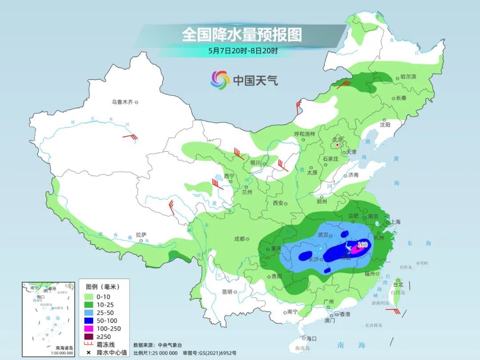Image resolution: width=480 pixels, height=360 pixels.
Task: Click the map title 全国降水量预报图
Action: (242, 34)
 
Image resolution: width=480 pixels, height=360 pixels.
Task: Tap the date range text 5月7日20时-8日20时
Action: (243, 51)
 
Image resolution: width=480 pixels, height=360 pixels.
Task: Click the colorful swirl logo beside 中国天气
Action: (220, 80)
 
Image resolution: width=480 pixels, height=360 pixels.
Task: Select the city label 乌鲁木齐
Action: (122, 102)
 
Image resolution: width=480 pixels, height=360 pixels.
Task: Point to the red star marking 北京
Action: (338, 145)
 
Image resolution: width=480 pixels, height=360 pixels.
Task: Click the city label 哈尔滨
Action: (408, 77)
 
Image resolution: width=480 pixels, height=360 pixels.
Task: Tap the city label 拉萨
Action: (141, 235)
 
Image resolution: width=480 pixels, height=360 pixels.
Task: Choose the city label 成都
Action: (239, 239)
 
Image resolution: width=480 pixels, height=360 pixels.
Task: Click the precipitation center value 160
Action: (363, 244)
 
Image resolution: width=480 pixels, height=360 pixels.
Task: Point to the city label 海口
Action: (312, 338)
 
